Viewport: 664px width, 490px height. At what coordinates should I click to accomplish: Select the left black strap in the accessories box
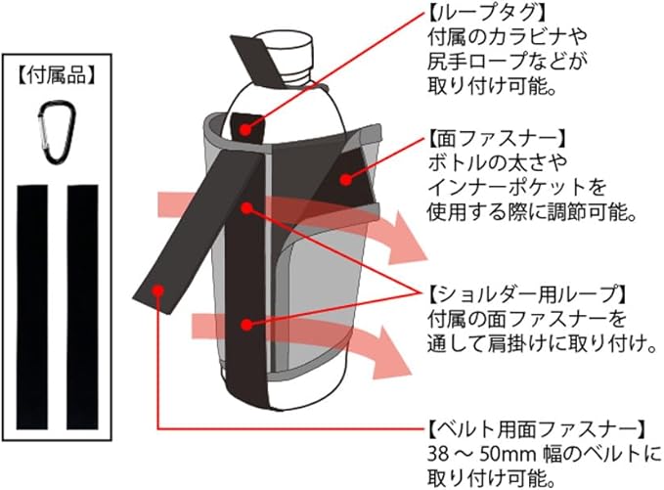tap(33, 306)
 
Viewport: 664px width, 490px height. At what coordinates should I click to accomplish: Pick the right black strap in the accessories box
tap(81, 306)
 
